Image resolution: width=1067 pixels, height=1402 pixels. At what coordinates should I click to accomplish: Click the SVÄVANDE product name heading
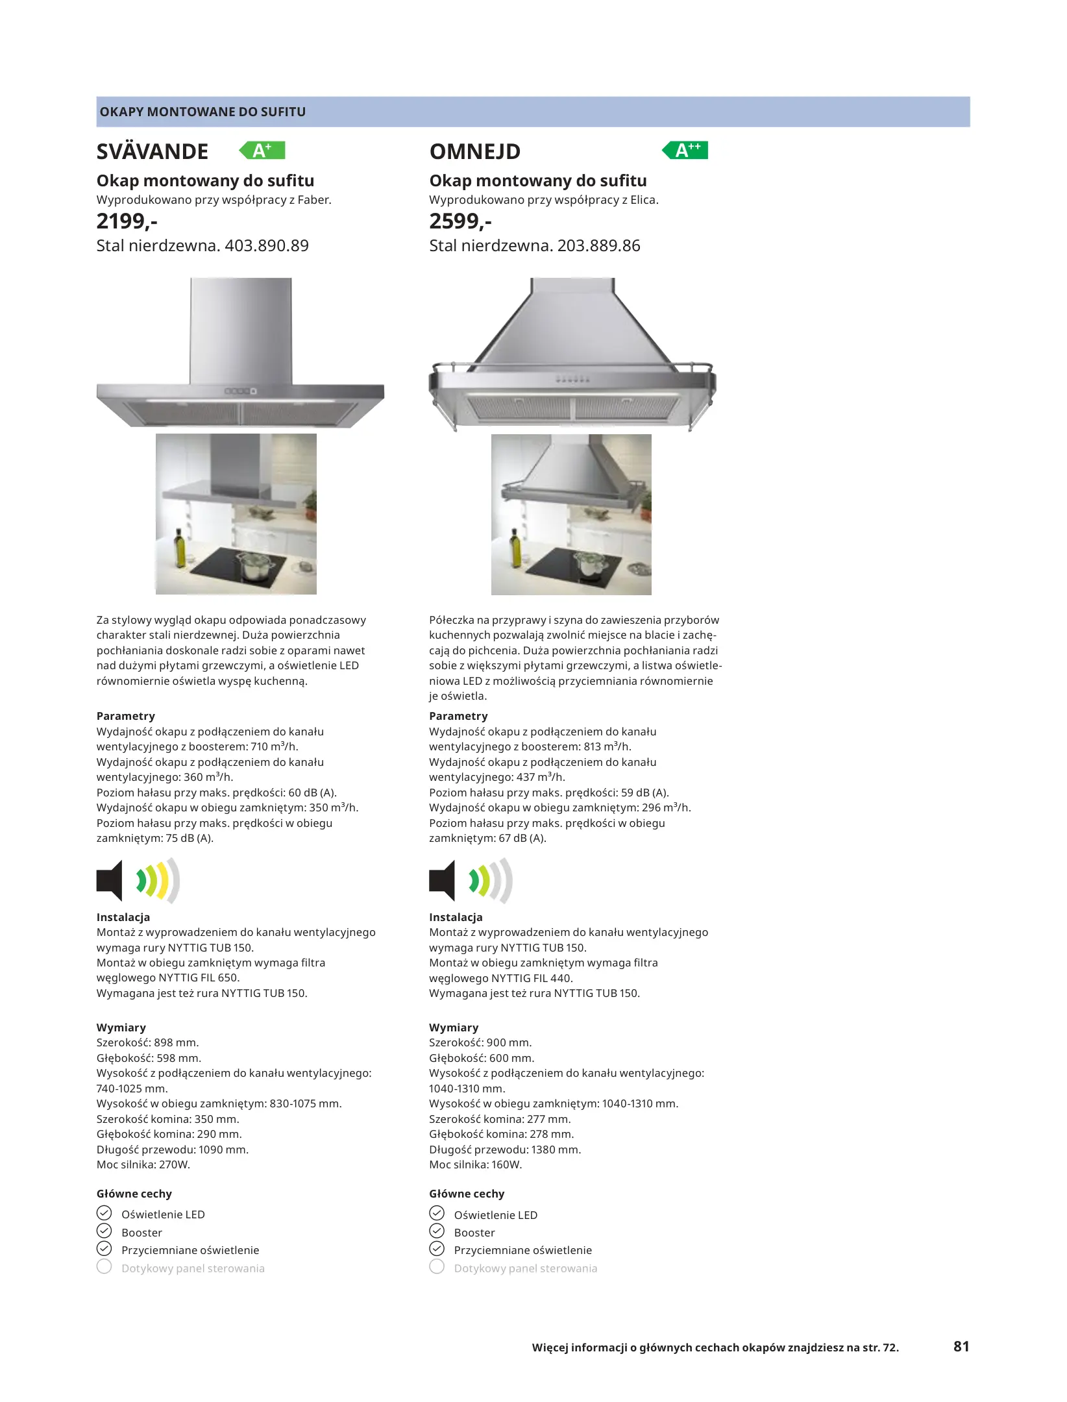[153, 152]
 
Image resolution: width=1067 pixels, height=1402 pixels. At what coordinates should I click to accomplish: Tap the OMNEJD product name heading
[474, 152]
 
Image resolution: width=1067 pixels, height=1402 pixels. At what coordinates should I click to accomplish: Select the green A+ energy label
[262, 151]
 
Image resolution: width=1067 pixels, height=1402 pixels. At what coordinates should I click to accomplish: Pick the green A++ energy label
[685, 151]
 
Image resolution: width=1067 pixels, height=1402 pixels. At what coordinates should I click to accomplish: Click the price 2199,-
[127, 221]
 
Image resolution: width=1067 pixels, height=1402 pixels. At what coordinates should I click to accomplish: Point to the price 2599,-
[460, 221]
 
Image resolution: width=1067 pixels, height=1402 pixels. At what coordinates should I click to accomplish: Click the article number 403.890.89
[267, 246]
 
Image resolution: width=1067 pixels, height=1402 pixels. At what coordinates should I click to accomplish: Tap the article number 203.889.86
[598, 246]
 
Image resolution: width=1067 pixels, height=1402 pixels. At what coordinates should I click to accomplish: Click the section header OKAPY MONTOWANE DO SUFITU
[202, 112]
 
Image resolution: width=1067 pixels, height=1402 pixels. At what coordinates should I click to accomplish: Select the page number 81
[961, 1346]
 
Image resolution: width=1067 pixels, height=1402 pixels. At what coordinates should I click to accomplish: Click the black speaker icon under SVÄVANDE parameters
[110, 881]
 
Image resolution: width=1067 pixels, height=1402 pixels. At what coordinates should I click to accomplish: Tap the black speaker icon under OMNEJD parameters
[442, 881]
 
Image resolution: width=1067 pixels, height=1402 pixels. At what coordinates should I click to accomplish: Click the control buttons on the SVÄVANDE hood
[240, 391]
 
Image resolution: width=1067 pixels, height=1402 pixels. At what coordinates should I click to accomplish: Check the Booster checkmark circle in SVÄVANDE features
[104, 1231]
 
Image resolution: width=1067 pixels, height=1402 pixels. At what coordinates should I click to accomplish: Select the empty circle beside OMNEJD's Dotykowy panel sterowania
[437, 1267]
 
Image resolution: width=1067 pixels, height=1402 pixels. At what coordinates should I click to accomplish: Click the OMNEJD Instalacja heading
[456, 917]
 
